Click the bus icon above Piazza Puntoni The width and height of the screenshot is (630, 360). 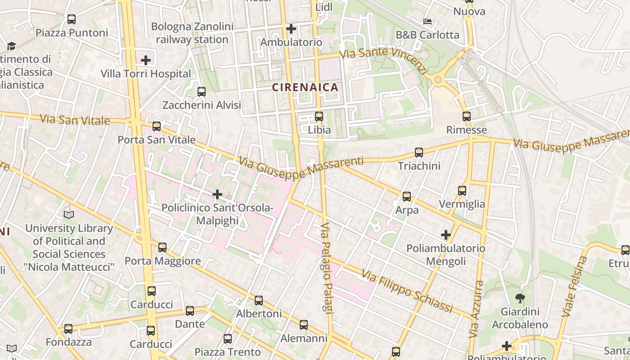pyautogui.click(x=71, y=19)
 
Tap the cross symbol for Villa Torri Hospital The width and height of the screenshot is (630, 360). pyautogui.click(x=145, y=60)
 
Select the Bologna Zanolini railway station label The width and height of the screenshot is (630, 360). pyautogui.click(x=192, y=33)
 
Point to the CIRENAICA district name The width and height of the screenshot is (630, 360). pyautogui.click(x=306, y=87)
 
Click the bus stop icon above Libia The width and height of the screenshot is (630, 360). pyautogui.click(x=319, y=117)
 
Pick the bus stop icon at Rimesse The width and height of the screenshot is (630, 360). pyautogui.click(x=466, y=117)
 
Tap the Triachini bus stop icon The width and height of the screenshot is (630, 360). pyautogui.click(x=419, y=153)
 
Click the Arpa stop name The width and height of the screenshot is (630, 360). pyautogui.click(x=407, y=210)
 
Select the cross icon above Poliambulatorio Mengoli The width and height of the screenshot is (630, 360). pyautogui.click(x=445, y=235)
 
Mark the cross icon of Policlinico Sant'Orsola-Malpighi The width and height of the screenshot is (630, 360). pyautogui.click(x=217, y=194)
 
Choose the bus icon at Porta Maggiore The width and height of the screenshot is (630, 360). pyautogui.click(x=162, y=247)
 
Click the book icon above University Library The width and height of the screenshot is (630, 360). pyautogui.click(x=69, y=215)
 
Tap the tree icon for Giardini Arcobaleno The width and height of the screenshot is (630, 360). pyautogui.click(x=520, y=298)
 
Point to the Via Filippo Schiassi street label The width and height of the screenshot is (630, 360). pyautogui.click(x=407, y=291)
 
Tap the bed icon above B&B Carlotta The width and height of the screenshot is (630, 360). pyautogui.click(x=427, y=21)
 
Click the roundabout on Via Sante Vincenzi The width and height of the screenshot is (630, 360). pyautogui.click(x=438, y=80)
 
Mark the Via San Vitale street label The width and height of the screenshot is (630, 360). pyautogui.click(x=75, y=120)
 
